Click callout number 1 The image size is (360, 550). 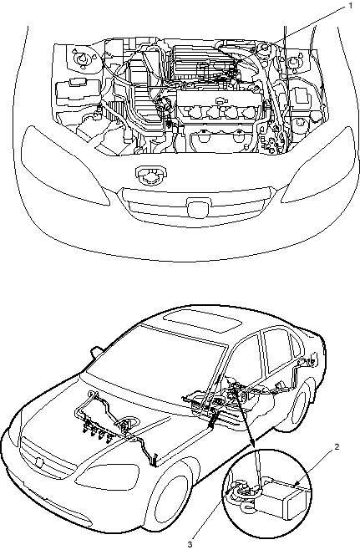tap(350, 7)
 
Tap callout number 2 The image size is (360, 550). tap(337, 447)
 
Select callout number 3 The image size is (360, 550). tap(190, 544)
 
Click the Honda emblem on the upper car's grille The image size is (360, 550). tap(199, 207)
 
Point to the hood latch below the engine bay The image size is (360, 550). tap(151, 175)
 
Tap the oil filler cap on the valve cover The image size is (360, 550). tap(221, 100)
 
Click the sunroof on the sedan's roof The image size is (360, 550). tap(203, 322)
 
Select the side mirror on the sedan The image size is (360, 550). tap(97, 353)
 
